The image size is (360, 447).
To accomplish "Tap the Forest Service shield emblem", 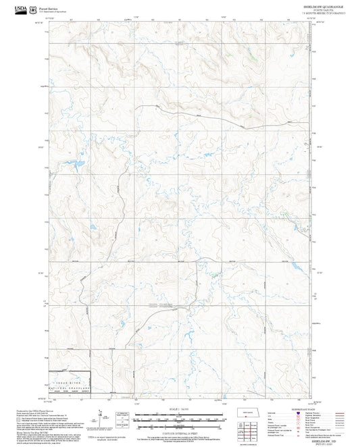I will [x=34, y=9].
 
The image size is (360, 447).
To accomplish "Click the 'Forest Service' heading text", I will [x=49, y=8].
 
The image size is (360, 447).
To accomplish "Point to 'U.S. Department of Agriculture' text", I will [x=53, y=12].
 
